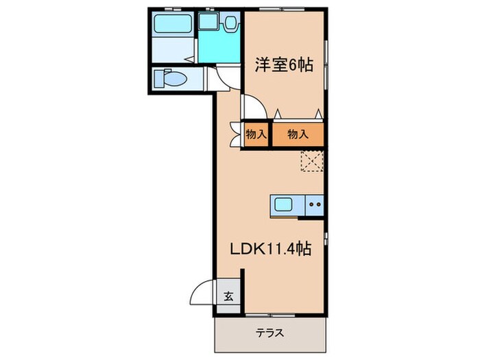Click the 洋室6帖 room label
click(285, 66)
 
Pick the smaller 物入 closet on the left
click(256, 134)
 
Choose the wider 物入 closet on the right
click(298, 134)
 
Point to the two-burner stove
click(315, 204)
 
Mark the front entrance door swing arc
click(200, 293)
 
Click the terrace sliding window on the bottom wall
click(270, 315)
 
